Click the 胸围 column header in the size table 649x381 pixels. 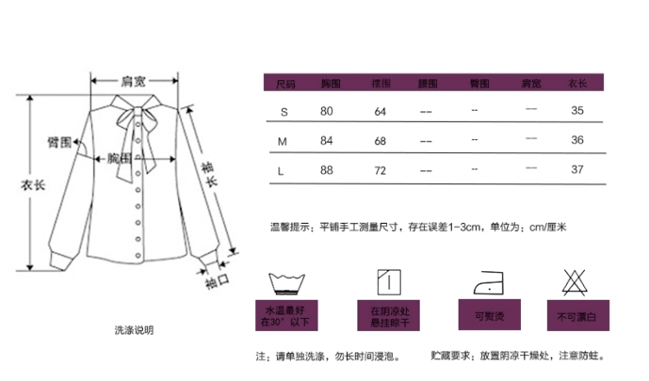(330, 84)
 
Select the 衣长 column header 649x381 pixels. (577, 84)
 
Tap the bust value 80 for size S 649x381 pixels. (326, 111)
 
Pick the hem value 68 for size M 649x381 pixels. (380, 141)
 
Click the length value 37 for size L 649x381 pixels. (577, 169)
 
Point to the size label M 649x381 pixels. (281, 141)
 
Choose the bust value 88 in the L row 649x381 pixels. (326, 169)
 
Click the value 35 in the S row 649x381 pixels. (577, 111)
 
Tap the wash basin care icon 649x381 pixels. (289, 283)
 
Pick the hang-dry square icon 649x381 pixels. (388, 281)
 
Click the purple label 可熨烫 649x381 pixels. (485, 315)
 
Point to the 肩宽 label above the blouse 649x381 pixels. (132, 81)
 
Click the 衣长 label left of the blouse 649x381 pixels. (33, 184)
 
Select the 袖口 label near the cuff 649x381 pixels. (216, 282)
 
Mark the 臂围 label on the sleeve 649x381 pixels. (59, 143)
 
